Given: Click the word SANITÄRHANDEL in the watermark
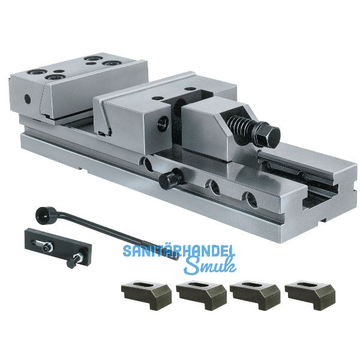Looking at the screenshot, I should pyautogui.click(x=180, y=251).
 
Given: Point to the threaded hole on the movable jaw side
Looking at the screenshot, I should pyautogui.click(x=162, y=122).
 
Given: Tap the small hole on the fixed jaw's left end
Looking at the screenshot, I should pyautogui.click(x=26, y=98).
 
